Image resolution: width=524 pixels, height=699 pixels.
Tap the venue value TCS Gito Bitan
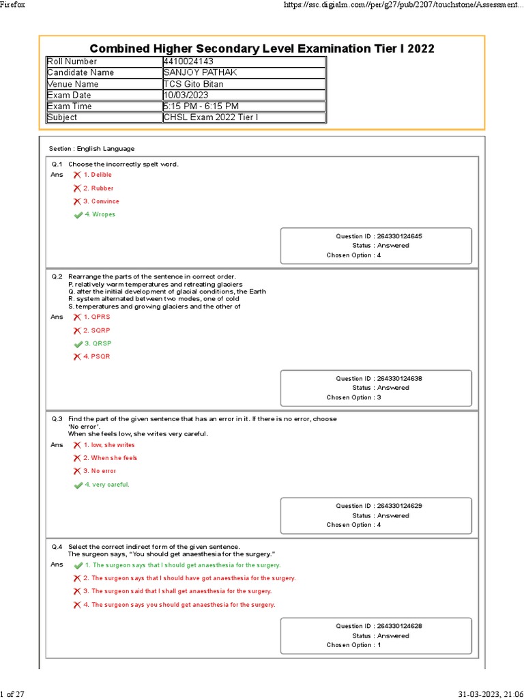tap(193, 84)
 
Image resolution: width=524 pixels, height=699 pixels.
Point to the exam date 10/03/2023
tap(185, 95)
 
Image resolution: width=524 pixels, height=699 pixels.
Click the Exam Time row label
tap(69, 106)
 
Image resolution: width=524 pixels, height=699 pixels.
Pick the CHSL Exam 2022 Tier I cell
tap(201, 117)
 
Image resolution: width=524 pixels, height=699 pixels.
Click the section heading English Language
tap(91, 149)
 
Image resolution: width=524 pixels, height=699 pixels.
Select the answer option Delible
tap(98, 175)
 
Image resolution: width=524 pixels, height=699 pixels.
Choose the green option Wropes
tap(100, 214)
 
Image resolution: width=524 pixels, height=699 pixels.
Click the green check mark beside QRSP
tap(78, 344)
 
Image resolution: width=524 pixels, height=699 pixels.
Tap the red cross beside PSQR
tap(77, 357)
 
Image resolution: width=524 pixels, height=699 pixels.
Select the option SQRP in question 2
tap(97, 330)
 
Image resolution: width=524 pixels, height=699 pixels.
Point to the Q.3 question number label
tap(57, 419)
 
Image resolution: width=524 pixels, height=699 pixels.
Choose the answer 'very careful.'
tap(107, 485)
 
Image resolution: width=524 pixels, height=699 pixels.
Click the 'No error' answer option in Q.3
tap(100, 471)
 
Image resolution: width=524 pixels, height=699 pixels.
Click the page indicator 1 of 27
tap(13, 694)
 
